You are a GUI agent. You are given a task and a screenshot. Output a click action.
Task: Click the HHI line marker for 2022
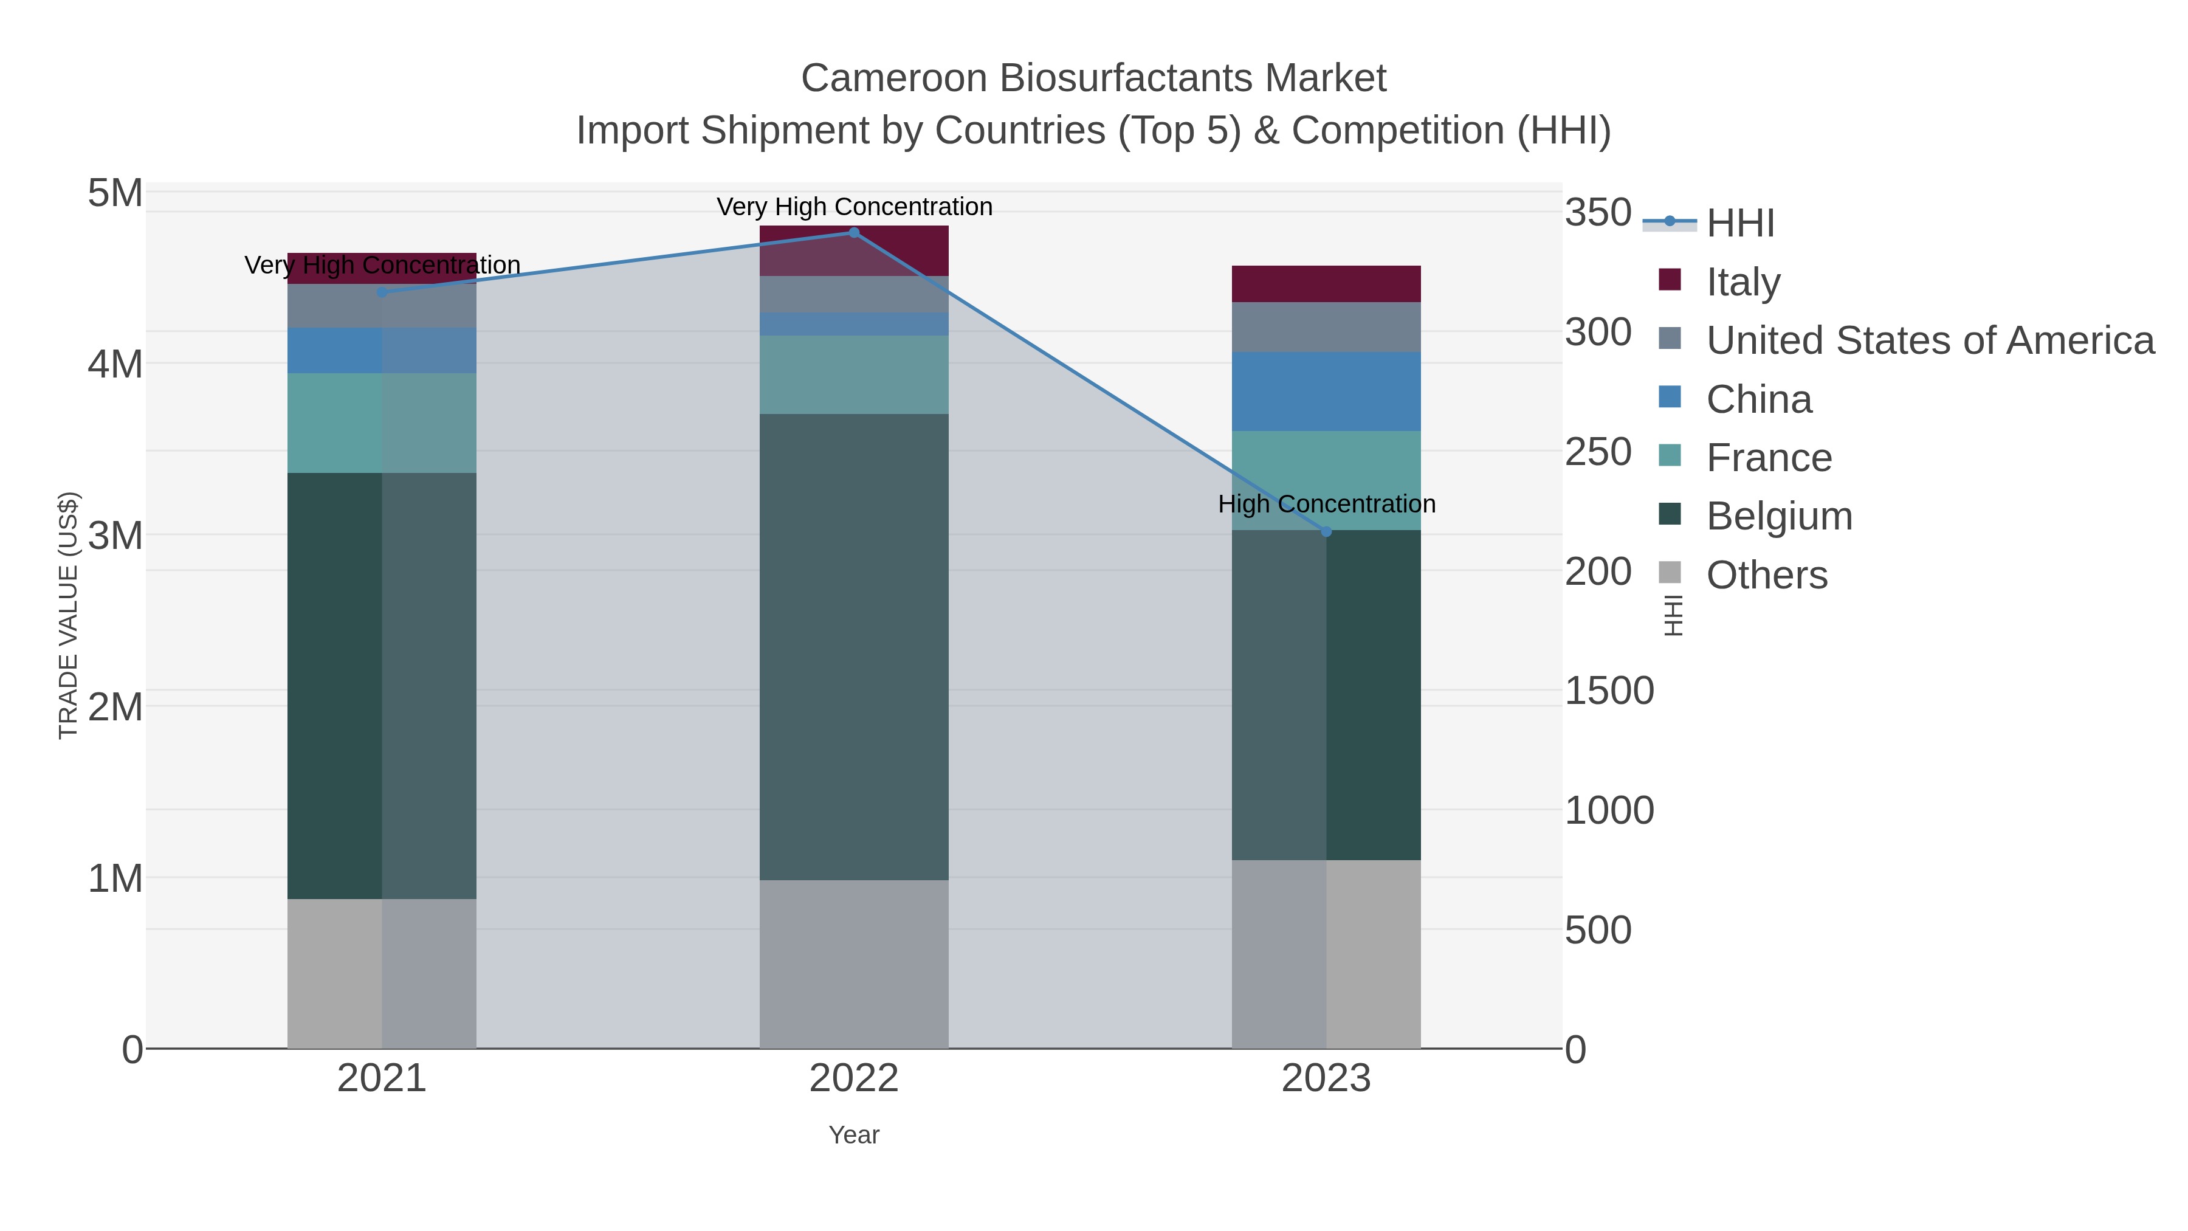854,233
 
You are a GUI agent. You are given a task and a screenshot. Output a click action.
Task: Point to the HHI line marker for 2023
1326,532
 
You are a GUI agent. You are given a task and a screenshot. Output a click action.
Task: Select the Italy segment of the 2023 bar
1326,284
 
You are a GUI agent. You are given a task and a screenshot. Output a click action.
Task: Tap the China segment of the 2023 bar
1326,391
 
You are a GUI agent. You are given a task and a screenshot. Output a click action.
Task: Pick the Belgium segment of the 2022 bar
854,646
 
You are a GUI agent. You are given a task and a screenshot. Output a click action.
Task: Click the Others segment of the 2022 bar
854,964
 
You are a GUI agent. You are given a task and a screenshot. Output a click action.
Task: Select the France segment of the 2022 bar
854,374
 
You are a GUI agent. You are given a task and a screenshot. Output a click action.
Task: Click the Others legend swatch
1669,573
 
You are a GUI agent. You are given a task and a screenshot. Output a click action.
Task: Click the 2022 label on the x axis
854,1079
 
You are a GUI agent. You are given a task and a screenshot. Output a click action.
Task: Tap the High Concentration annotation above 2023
1326,504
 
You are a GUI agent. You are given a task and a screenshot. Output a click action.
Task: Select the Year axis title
854,1135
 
